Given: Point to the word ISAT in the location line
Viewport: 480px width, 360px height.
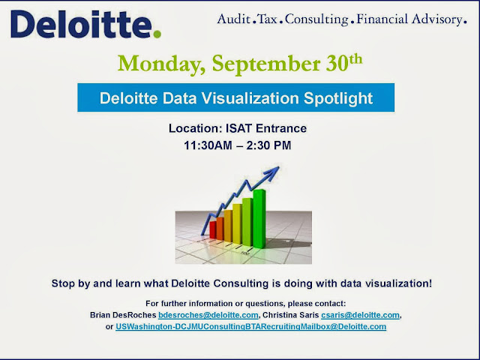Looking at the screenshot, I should click(236, 129).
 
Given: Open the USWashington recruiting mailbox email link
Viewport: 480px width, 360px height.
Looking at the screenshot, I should click(251, 327).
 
